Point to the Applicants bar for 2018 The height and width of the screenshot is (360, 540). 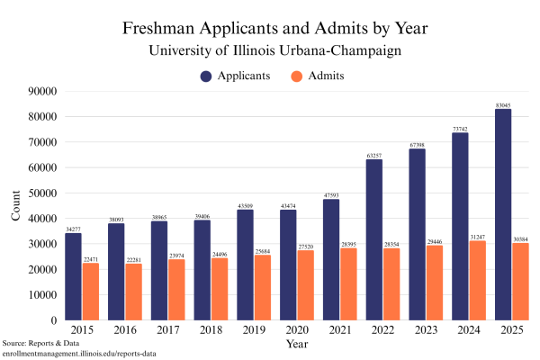point(202,269)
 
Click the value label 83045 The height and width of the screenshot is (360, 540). point(503,104)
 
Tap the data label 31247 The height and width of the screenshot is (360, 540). point(477,237)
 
